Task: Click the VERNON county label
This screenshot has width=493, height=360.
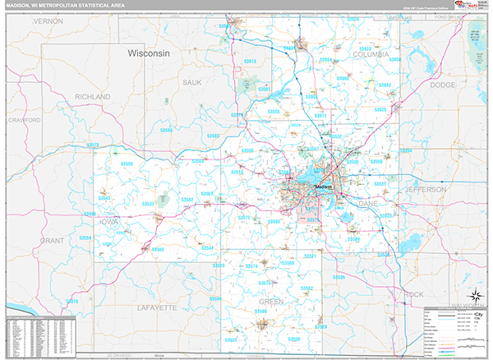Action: (x=48, y=21)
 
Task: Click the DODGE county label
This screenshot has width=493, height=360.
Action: (x=442, y=85)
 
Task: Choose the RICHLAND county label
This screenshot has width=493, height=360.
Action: (x=92, y=96)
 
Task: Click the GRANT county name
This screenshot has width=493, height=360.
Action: (x=52, y=240)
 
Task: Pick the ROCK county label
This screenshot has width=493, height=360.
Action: (x=415, y=293)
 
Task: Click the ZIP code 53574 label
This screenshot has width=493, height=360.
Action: (x=251, y=267)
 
